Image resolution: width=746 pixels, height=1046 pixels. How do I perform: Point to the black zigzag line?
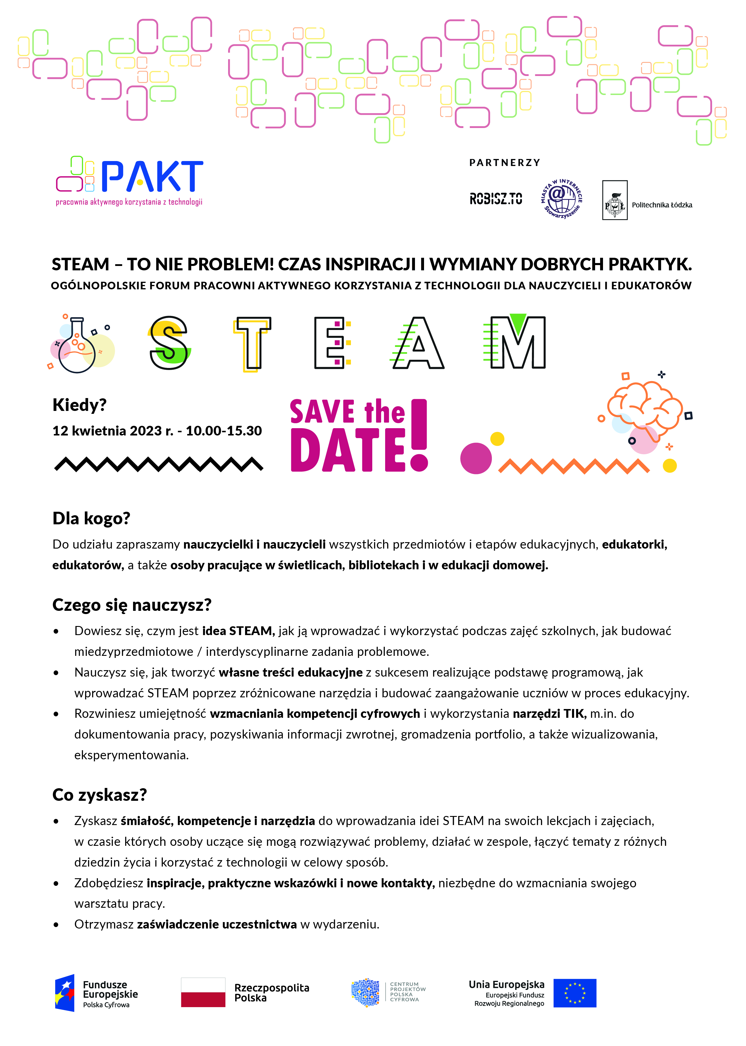[x=158, y=464]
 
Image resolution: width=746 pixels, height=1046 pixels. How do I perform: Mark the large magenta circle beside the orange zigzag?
[x=476, y=458]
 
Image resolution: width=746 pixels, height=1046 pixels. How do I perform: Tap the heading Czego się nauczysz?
[x=132, y=605]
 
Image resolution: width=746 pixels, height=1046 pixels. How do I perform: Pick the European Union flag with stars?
[x=575, y=993]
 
